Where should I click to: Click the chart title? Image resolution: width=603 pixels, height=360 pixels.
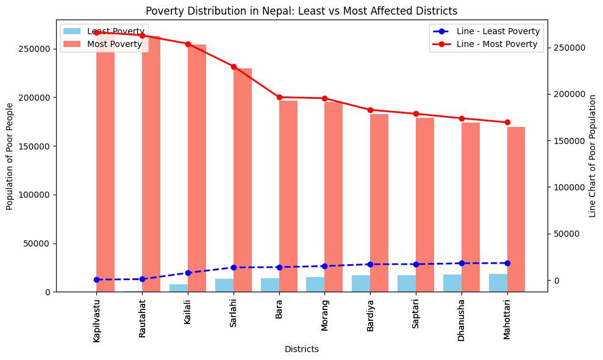[301, 10]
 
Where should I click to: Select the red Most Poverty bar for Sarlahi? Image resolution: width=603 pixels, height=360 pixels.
[243, 180]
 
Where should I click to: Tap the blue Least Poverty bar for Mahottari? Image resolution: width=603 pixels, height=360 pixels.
[498, 283]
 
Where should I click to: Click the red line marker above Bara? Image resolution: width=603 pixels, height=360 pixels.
[279, 97]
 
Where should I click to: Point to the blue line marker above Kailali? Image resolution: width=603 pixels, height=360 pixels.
[188, 273]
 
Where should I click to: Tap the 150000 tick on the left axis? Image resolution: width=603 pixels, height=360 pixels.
[38, 146]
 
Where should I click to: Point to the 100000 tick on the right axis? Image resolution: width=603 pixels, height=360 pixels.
[569, 187]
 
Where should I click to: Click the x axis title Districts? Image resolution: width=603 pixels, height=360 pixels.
[301, 350]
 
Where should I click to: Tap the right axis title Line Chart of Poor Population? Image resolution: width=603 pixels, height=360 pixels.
[592, 156]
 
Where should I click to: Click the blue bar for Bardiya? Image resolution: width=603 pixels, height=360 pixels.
[361, 283]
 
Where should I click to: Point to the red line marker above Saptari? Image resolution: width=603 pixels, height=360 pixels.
[416, 113]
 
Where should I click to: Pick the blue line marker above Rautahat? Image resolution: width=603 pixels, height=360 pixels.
[142, 279]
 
